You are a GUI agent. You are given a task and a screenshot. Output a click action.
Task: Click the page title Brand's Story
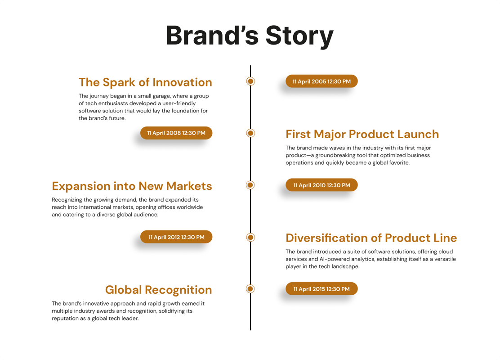coord(250,36)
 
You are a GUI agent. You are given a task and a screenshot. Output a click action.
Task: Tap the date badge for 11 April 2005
coord(321,81)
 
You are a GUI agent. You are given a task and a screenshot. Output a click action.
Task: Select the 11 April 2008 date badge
coord(176,133)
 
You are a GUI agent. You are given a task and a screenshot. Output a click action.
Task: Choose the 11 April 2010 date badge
coord(321,185)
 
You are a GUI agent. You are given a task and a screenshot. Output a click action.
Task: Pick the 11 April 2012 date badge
coord(176,237)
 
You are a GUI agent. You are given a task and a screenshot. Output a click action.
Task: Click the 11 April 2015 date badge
coord(321,289)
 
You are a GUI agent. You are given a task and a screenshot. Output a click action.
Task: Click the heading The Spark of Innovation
coord(145,82)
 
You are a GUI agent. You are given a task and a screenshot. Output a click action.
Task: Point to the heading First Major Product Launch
coord(362,135)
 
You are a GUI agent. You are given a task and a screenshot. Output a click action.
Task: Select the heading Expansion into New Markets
coord(132,186)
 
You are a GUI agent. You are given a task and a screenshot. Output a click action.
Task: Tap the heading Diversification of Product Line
coord(371,238)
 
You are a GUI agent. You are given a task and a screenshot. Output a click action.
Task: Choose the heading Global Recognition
coord(158,290)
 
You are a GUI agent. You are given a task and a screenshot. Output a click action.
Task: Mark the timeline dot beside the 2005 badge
coord(250,81)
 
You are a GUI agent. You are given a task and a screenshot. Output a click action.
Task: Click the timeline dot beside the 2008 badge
coord(250,133)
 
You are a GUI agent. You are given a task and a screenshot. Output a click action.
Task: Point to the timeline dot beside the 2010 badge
coord(250,185)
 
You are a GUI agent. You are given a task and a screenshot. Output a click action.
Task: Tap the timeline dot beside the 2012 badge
coord(250,237)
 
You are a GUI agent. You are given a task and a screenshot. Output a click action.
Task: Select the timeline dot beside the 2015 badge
coord(250,289)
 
